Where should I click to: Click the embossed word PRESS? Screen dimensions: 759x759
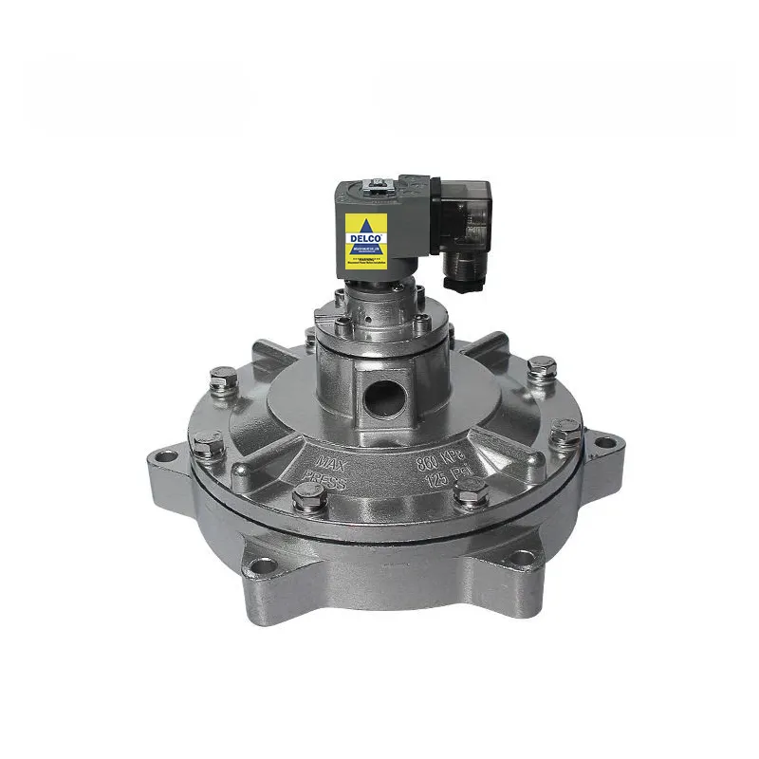pos(325,485)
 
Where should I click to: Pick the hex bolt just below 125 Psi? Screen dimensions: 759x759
pos(471,492)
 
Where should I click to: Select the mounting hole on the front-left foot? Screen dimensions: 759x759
pos(263,565)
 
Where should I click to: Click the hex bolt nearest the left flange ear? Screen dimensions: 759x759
pos(206,442)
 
